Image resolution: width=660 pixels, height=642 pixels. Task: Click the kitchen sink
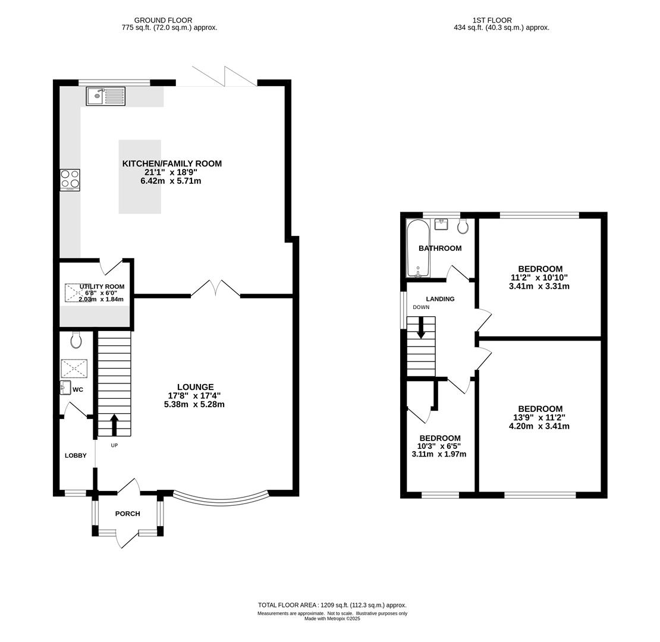(x=106, y=96)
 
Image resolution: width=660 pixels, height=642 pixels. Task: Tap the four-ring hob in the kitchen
(x=70, y=180)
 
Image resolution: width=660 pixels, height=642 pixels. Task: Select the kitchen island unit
(x=140, y=177)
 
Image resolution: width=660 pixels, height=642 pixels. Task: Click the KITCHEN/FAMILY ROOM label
(x=172, y=163)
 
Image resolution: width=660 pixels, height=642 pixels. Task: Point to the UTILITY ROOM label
(x=102, y=287)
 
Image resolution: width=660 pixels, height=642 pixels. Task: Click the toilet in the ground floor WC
(x=76, y=339)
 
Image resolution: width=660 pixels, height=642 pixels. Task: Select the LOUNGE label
(x=195, y=387)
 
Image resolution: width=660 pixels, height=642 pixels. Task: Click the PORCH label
(x=127, y=514)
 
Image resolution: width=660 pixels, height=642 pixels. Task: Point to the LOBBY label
(x=76, y=455)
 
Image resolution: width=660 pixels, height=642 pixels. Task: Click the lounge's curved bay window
(x=221, y=500)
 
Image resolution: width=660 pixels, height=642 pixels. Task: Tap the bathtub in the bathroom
(x=418, y=248)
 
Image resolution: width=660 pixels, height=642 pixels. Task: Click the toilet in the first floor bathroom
(x=463, y=226)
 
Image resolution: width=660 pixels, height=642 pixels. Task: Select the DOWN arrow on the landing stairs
(x=420, y=328)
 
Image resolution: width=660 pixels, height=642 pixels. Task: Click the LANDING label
(x=440, y=299)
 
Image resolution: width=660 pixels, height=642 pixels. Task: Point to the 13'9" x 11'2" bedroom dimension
(x=539, y=417)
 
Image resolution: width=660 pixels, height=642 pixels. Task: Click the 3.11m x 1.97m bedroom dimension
(x=439, y=454)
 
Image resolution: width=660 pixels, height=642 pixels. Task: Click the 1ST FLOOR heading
(x=492, y=20)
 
